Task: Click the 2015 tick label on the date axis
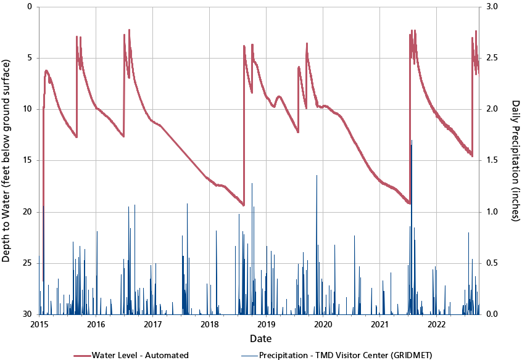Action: point(39,324)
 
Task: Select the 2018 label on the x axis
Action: point(210,324)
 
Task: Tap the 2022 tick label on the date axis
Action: point(437,324)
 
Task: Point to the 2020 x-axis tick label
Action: point(323,324)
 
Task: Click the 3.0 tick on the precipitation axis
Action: point(493,7)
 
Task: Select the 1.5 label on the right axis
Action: point(493,160)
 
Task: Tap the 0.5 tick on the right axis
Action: point(493,263)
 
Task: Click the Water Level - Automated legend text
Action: point(140,355)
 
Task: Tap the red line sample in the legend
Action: point(81,355)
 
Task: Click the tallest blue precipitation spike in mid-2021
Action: point(412,142)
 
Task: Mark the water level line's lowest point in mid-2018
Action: point(244,205)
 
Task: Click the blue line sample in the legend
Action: point(249,355)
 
